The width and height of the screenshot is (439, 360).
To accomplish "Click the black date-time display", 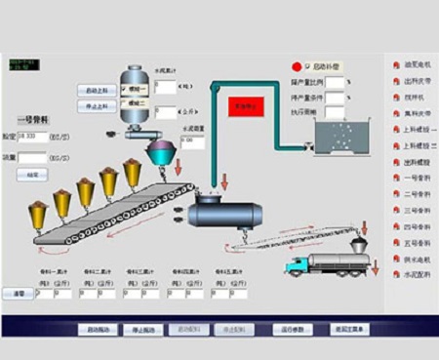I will [20, 64].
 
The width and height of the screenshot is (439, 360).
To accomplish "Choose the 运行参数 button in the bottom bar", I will [294, 330].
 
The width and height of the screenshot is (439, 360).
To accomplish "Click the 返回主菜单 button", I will [350, 330].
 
